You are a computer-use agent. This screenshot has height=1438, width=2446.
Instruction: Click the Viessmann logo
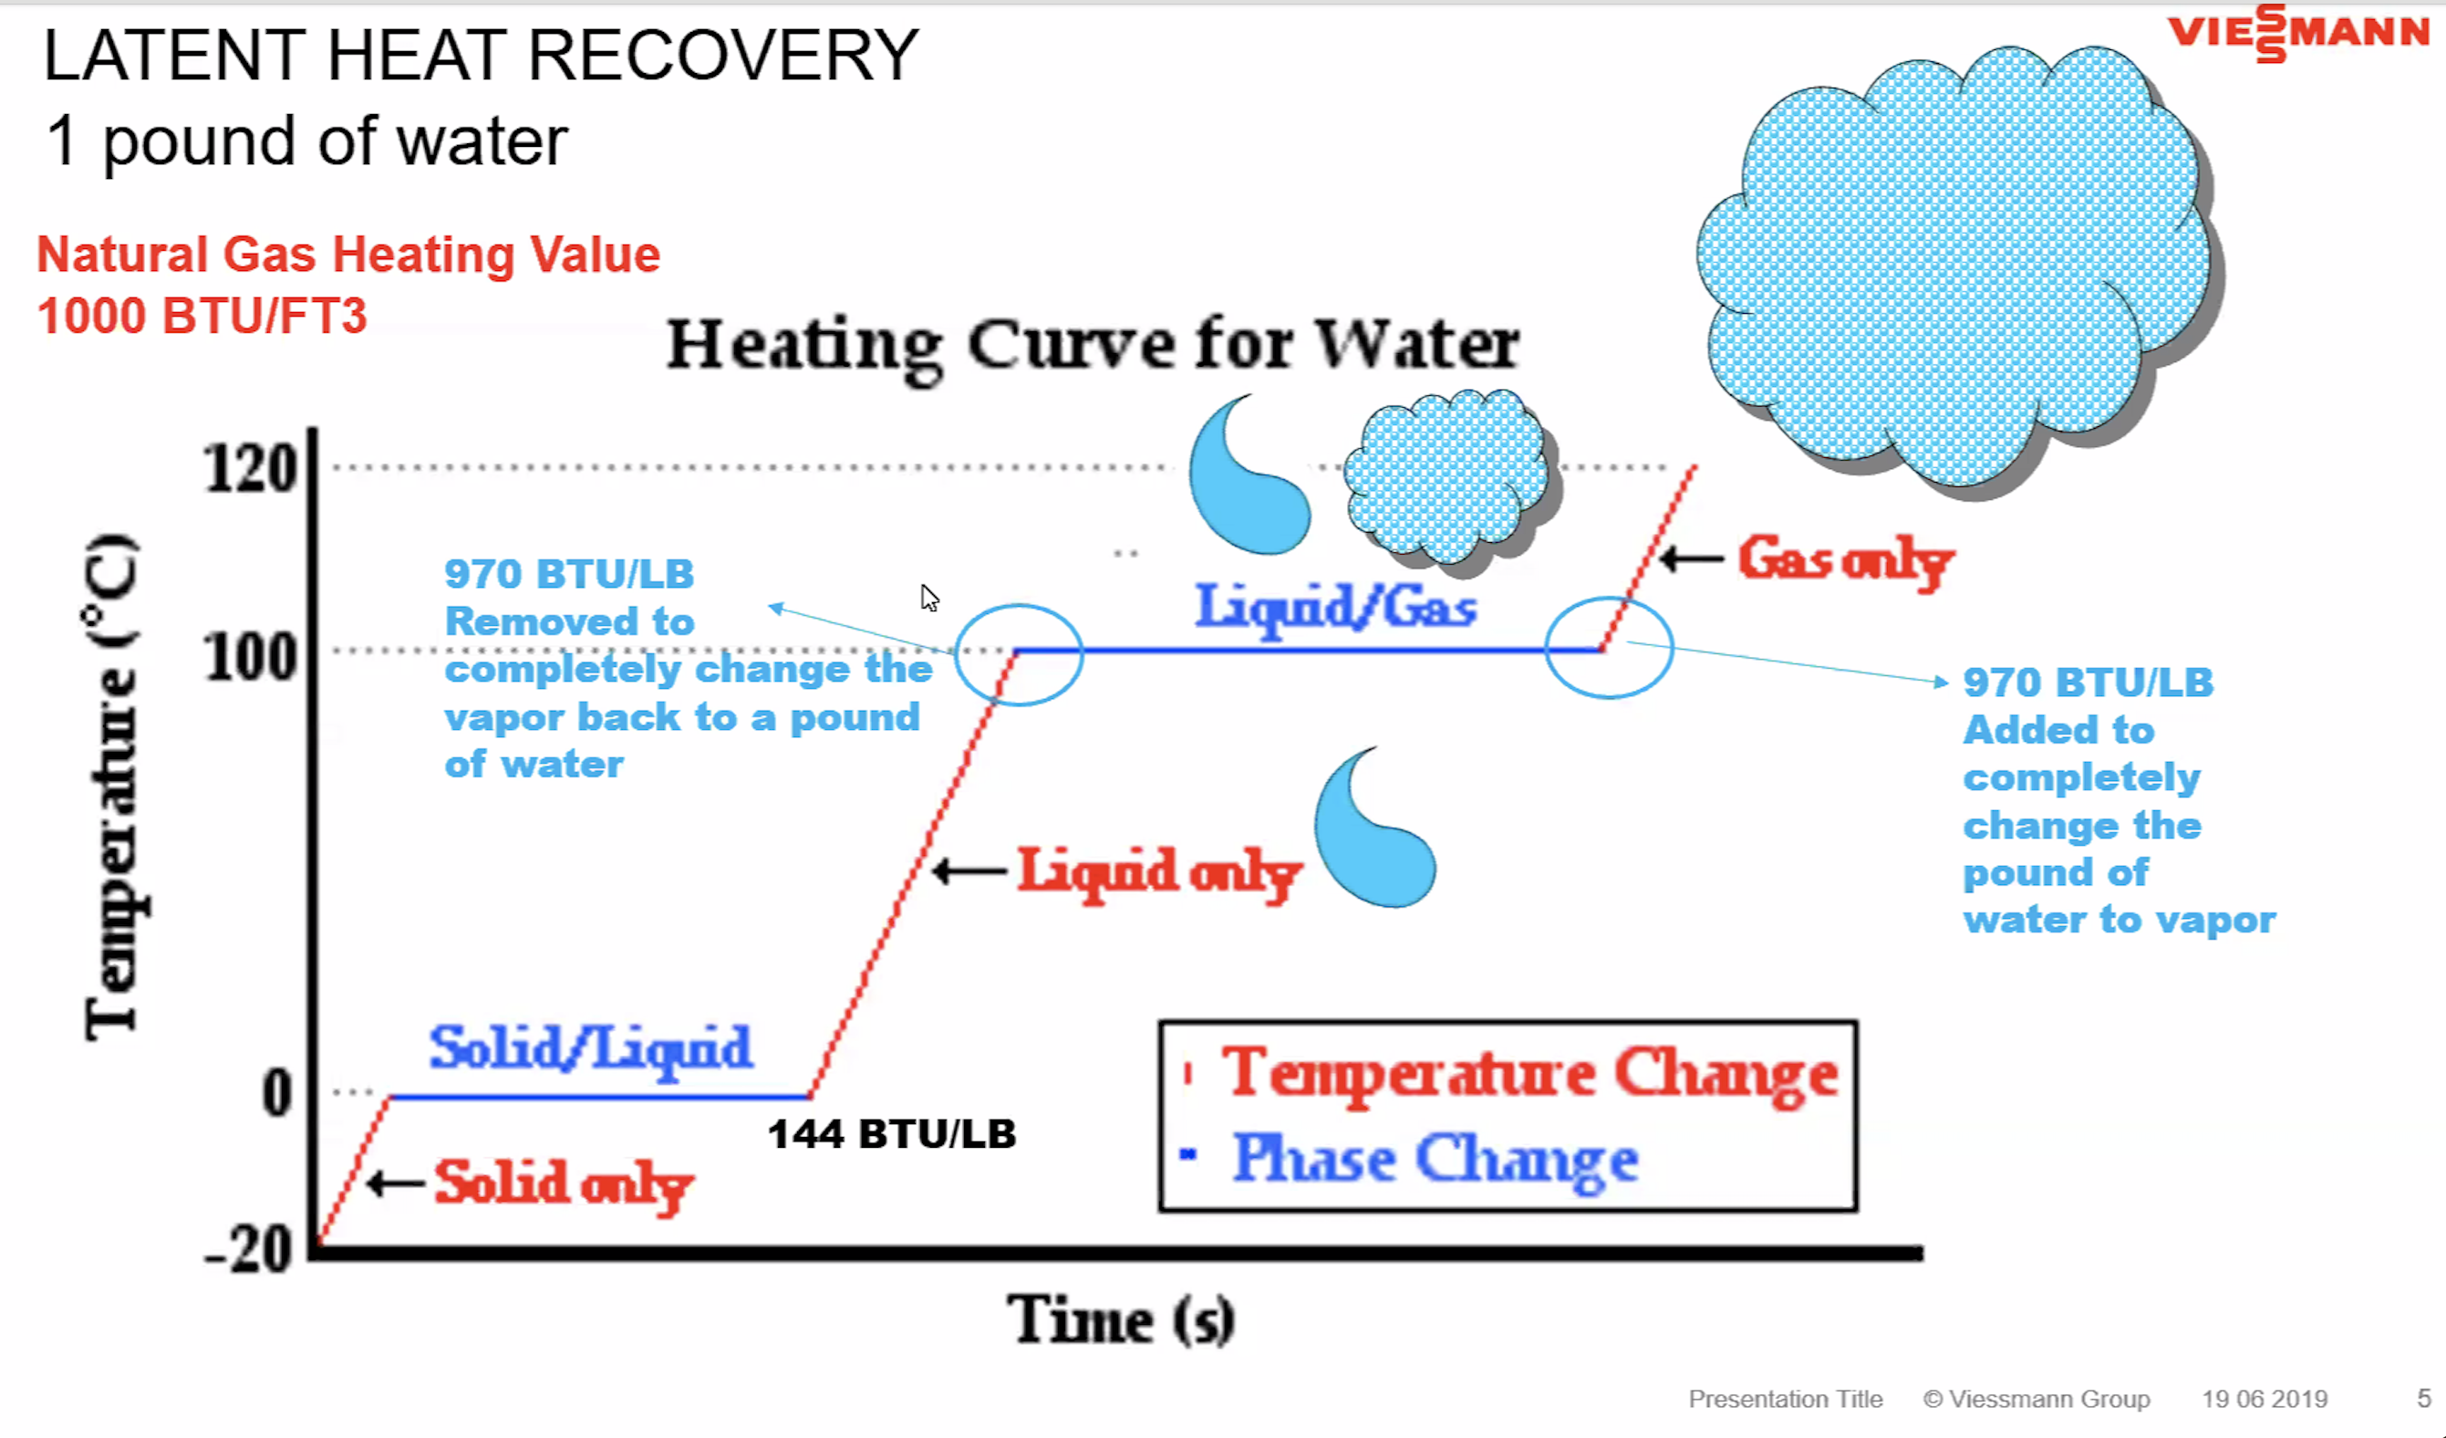(x=2298, y=33)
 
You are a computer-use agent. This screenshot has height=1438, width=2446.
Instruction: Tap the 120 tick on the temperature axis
(x=251, y=470)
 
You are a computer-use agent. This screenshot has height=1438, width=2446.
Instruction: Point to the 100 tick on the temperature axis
(x=251, y=657)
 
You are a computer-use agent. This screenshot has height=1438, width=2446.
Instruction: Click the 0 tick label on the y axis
(x=277, y=1093)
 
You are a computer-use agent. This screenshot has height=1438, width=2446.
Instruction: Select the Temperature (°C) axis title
(x=112, y=787)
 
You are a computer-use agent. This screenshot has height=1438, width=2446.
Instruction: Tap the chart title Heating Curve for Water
(x=1093, y=345)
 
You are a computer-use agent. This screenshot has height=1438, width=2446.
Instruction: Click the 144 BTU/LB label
(x=891, y=1134)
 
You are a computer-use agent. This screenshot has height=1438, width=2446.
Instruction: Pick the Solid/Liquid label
(x=590, y=1048)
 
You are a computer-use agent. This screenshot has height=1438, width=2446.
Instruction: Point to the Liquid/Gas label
(x=1335, y=607)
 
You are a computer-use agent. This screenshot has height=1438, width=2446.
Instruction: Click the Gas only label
(x=1844, y=560)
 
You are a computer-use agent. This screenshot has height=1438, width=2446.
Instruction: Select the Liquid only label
(x=1159, y=871)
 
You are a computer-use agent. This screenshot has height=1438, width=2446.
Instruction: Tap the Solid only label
(x=563, y=1183)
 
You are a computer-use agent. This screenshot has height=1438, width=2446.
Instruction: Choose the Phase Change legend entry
(x=1435, y=1160)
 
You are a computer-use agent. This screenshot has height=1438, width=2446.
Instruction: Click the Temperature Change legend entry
(x=1529, y=1074)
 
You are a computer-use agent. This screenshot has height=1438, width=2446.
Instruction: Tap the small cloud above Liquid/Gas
(x=1448, y=475)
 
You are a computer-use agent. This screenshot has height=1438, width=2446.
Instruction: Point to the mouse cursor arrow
(x=929, y=597)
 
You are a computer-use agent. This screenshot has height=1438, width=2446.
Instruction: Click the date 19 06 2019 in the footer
(x=2264, y=1399)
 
